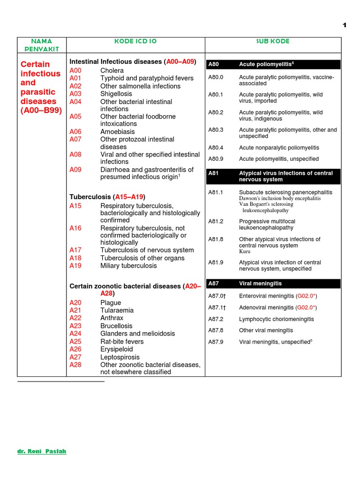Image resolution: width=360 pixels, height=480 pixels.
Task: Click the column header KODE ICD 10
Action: [x=135, y=41]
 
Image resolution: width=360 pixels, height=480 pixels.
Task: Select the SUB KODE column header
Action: [x=273, y=41]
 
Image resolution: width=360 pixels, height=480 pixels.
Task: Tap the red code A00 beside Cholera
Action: [x=75, y=71]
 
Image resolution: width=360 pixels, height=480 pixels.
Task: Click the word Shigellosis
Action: [x=116, y=94]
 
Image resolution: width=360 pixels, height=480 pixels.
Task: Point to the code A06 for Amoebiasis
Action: [x=75, y=132]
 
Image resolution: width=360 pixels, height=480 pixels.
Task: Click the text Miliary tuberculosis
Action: [x=128, y=266]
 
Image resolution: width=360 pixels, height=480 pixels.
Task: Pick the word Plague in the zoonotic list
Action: [x=111, y=303]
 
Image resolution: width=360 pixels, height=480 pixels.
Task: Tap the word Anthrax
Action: [x=112, y=318]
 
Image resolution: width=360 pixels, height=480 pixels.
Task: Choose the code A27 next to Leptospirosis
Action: [x=75, y=357]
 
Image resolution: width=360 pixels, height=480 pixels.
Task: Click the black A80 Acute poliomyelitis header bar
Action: [x=273, y=64]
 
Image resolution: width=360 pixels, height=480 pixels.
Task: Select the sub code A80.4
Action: [x=216, y=148]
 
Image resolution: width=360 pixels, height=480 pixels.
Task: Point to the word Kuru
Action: [x=245, y=252]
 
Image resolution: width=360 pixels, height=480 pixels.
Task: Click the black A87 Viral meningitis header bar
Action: [x=273, y=284]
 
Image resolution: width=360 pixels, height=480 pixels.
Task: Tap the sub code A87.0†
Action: [x=217, y=296]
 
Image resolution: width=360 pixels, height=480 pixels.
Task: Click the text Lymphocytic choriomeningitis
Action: [x=277, y=319]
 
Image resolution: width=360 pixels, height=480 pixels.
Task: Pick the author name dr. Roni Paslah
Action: [x=42, y=451]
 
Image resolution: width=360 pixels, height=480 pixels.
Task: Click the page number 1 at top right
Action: [x=345, y=25]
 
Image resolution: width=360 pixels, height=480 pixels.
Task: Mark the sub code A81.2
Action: [x=216, y=221]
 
